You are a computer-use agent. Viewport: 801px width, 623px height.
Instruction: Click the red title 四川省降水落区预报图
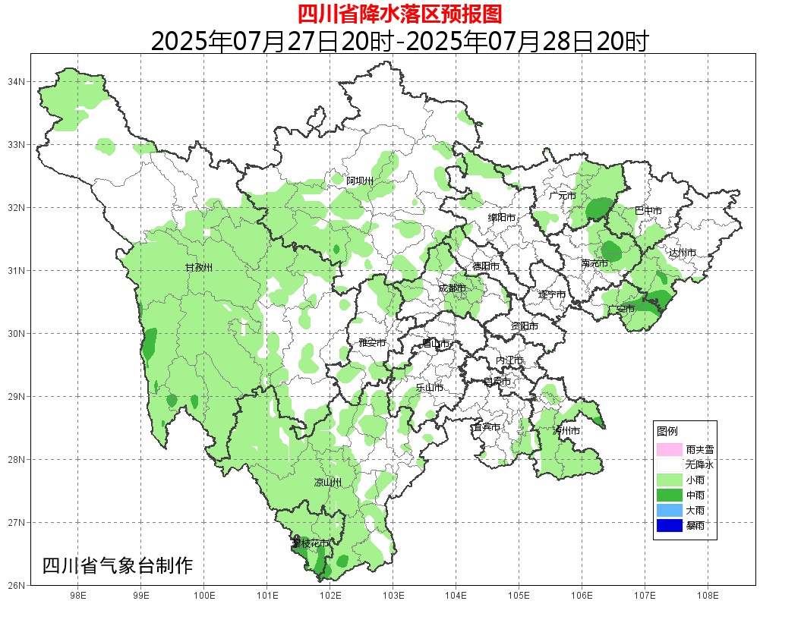tap(399, 14)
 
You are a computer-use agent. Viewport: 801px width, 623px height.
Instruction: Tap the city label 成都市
tap(453, 288)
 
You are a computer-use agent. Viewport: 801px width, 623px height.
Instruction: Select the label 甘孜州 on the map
tap(199, 268)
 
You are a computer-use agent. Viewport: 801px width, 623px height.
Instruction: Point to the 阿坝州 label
tap(360, 181)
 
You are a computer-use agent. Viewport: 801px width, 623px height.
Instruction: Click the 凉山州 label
tap(328, 483)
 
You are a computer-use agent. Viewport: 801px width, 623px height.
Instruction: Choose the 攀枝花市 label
tap(311, 543)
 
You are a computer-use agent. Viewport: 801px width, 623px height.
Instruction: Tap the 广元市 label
tap(563, 196)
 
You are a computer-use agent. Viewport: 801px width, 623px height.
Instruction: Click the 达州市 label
tap(682, 253)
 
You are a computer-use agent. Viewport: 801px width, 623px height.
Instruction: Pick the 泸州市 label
tap(566, 430)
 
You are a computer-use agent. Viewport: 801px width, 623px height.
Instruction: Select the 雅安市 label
tap(372, 343)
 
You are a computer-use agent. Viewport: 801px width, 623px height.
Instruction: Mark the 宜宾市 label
tap(486, 427)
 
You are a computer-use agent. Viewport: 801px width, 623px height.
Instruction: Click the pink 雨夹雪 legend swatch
tap(670, 449)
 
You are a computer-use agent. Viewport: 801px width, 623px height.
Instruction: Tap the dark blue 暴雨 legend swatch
tap(670, 525)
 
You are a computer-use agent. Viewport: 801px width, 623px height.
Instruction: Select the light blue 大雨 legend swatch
tap(670, 510)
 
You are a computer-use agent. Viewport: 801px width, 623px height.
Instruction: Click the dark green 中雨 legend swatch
tap(670, 495)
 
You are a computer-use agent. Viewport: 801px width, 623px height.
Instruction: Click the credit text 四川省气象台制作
tap(118, 566)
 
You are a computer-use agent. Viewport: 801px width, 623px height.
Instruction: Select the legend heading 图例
tap(667, 431)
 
